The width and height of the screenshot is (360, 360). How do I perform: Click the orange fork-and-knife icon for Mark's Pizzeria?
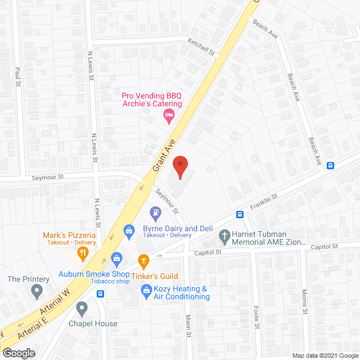[x=83, y=253]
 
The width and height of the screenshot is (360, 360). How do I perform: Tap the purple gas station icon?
[x=154, y=213]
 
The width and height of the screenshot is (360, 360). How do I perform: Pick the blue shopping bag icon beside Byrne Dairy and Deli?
[x=129, y=229]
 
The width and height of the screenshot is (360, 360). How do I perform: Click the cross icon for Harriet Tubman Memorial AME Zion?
[x=225, y=237]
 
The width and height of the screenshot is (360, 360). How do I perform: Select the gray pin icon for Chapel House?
[x=82, y=308]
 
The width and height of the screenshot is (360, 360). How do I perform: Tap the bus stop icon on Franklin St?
[x=240, y=214]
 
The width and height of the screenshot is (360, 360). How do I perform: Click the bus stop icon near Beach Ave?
[x=331, y=165]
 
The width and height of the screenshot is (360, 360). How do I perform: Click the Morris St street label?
[x=304, y=302]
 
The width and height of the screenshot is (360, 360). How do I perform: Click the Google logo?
[x=19, y=353]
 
